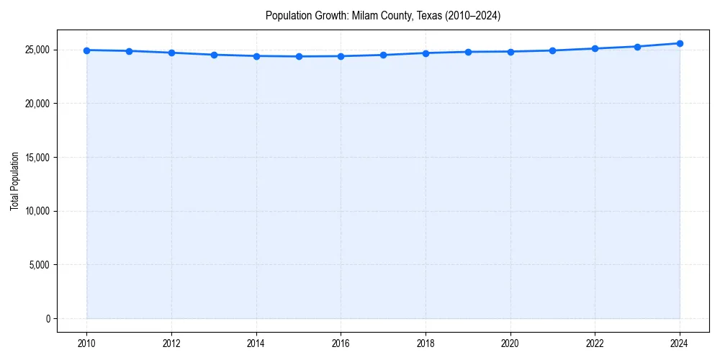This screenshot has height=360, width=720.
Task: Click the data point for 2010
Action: point(86,50)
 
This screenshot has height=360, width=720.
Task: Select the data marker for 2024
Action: point(680,43)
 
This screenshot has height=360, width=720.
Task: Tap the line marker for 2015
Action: point(299,56)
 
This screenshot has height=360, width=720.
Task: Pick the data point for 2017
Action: point(383,55)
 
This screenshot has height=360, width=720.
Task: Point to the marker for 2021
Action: point(552,50)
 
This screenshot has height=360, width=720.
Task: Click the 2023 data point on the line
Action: point(637,47)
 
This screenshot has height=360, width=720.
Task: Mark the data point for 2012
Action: point(171,53)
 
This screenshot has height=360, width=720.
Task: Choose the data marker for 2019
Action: point(468,52)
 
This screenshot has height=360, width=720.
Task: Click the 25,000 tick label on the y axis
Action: point(37,50)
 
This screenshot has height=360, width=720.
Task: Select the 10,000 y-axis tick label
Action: point(37,211)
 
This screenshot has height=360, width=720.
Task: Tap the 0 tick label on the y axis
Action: point(48,318)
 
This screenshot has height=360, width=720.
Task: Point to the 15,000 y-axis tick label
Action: point(37,157)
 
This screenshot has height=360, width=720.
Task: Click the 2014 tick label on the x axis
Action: point(256,343)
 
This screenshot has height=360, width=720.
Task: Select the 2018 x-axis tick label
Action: point(426,343)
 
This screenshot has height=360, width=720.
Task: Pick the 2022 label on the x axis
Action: point(595,343)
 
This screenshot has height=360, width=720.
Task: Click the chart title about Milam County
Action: point(383,15)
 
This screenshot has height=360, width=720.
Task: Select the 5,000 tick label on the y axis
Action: point(39,264)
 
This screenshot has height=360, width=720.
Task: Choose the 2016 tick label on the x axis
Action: point(341,343)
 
